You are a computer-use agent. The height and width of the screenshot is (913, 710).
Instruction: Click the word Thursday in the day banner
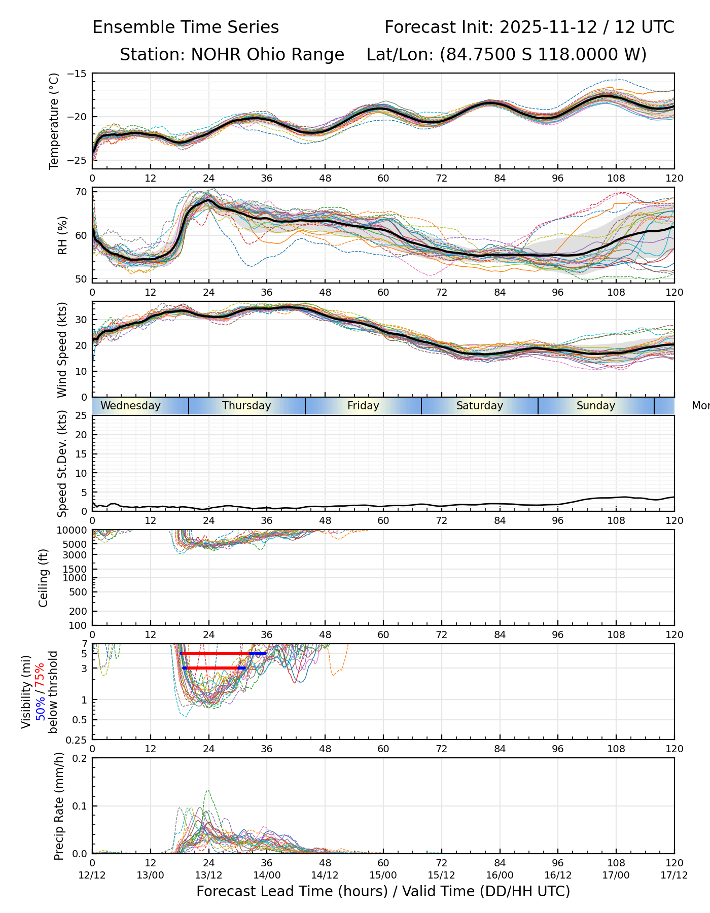[246, 406]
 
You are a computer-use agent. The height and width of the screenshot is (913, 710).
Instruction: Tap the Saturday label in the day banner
[479, 406]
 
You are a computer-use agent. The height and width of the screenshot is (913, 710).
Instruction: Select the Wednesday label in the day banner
[130, 406]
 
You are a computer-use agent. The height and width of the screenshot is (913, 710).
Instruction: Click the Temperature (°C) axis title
[54, 121]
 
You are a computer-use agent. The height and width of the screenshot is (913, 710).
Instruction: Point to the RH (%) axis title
[62, 235]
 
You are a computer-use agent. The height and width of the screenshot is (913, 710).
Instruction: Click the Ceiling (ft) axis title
[44, 578]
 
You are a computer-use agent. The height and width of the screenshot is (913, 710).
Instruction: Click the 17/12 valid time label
[674, 875]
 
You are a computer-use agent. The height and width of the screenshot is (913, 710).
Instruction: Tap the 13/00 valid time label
[151, 875]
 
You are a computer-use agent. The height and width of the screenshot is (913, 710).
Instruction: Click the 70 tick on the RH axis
[81, 192]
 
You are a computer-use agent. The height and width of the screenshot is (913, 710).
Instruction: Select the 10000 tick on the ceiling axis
[74, 531]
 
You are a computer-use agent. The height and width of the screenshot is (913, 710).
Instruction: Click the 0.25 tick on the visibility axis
[78, 740]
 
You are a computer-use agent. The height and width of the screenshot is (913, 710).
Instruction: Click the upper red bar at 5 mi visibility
[216, 653]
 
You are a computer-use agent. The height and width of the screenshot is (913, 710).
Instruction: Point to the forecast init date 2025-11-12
[548, 27]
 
